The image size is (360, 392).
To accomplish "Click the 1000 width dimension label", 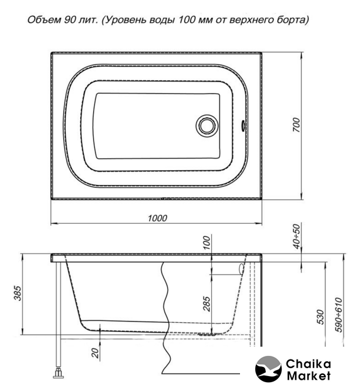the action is (x=157, y=218).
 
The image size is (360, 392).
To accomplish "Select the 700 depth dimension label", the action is (x=296, y=125).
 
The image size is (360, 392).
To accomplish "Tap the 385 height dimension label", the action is (x=18, y=293).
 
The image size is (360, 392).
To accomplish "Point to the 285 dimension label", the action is (x=206, y=304).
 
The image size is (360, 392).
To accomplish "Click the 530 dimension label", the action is (x=320, y=317).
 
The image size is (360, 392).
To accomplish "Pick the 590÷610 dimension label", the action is (x=339, y=315).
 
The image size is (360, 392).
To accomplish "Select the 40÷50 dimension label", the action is (x=296, y=236).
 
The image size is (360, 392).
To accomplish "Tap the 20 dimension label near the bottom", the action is (x=95, y=353).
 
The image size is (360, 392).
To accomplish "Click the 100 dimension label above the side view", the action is (x=206, y=243).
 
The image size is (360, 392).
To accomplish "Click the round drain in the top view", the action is (x=206, y=126).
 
